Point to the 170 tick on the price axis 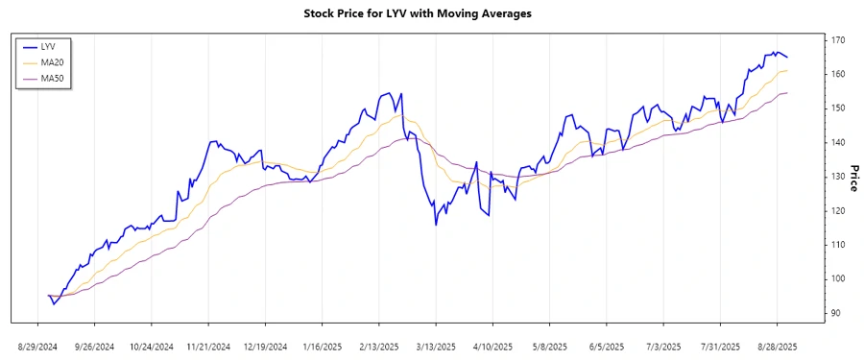point(838,40)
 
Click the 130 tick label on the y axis point(838,177)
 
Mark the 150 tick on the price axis point(838,108)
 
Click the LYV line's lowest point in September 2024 point(54,304)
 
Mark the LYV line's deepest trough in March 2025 point(436,225)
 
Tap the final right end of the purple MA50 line point(787,93)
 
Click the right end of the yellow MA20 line point(787,71)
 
